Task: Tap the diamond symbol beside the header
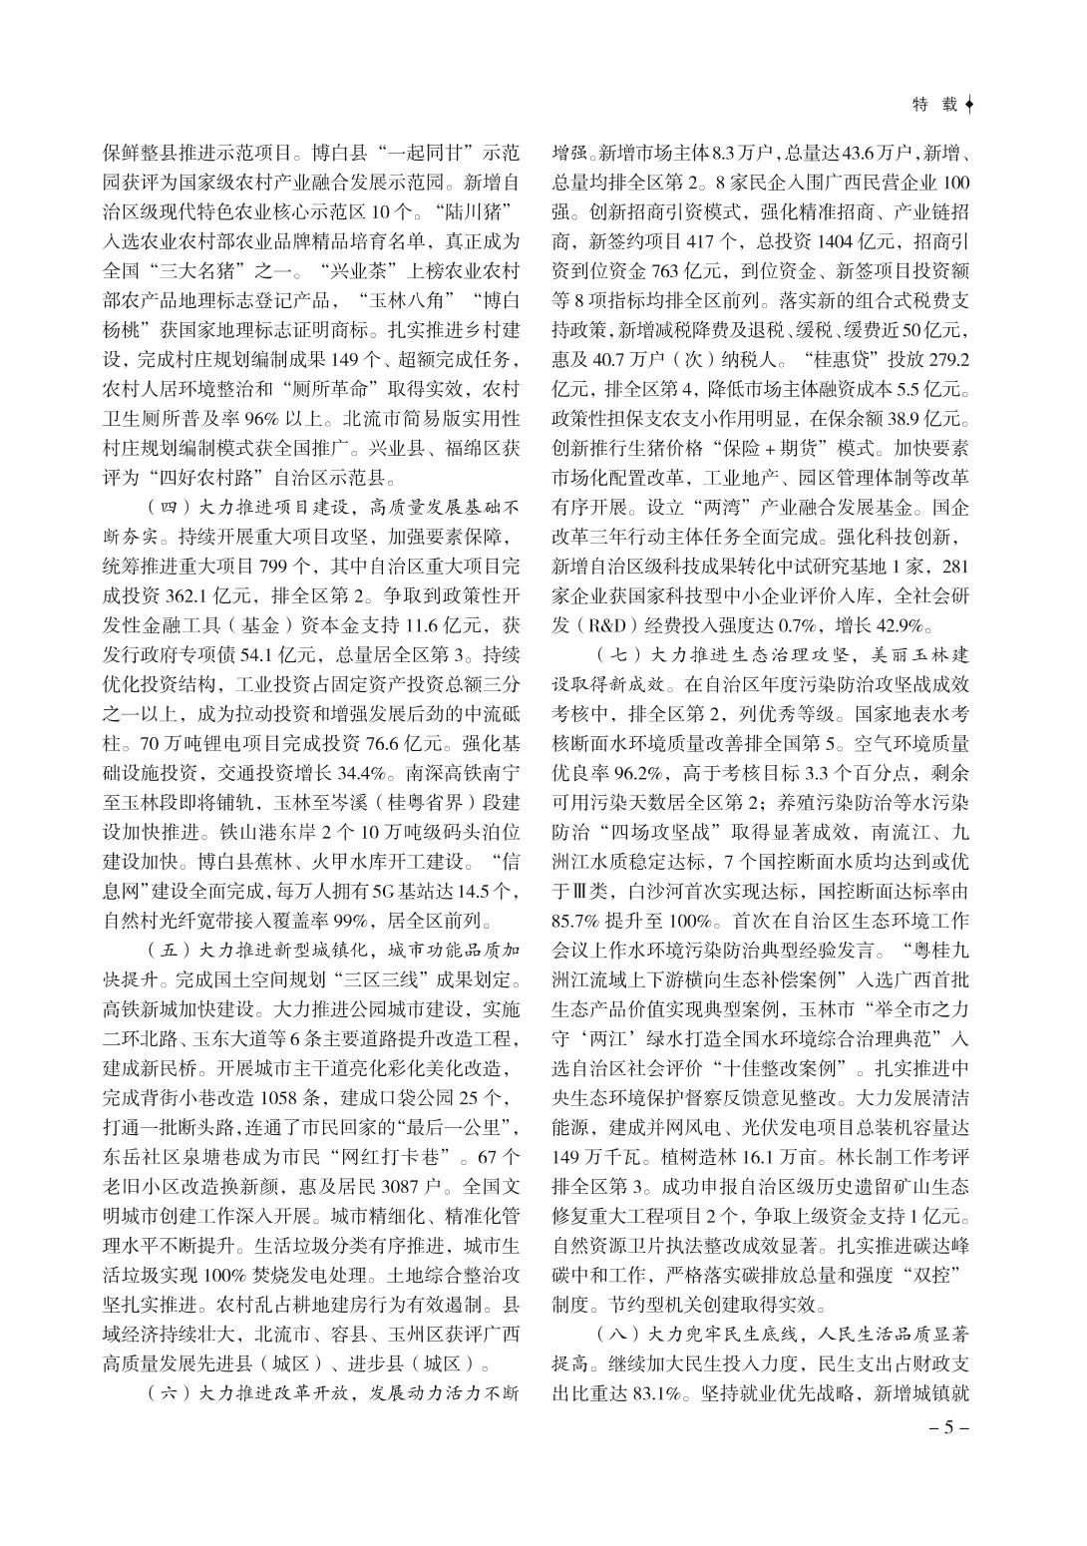(x=971, y=103)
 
